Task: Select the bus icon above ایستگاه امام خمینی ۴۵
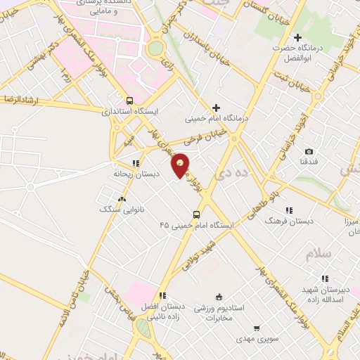196,214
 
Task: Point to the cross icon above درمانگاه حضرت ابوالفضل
297,37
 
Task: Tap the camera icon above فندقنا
309,151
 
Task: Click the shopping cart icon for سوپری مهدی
257,328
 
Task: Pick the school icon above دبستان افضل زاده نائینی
162,296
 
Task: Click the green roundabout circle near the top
155,48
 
